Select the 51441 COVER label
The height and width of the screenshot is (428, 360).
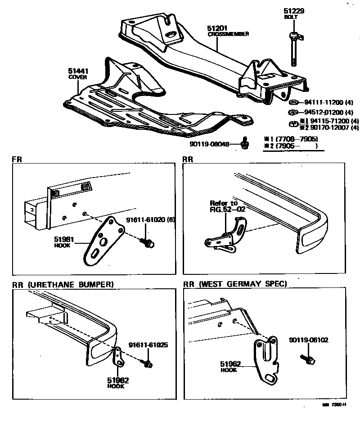[x=77, y=71]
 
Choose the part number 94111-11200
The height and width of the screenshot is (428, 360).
[x=322, y=102]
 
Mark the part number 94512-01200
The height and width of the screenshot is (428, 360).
[x=322, y=112]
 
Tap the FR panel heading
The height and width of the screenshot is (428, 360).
[x=17, y=159]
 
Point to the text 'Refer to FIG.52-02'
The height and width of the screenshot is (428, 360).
[x=224, y=206]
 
